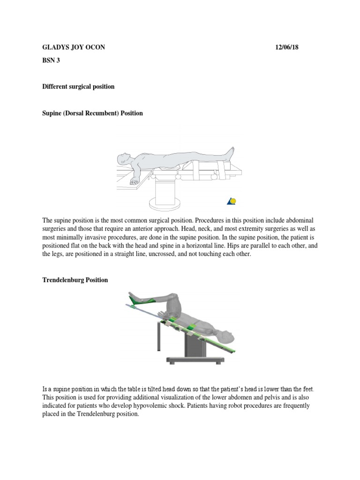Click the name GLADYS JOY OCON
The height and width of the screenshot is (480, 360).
[74, 47]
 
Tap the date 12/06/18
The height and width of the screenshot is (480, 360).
[286, 47]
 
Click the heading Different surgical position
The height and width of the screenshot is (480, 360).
[78, 87]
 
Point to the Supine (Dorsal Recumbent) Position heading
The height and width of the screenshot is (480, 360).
[92, 113]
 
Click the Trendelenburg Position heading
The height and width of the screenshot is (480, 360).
[75, 280]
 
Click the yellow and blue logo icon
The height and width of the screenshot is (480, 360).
[232, 202]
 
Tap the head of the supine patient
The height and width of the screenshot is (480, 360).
[123, 158]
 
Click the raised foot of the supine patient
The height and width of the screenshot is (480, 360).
[229, 152]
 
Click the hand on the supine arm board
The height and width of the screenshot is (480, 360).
[135, 181]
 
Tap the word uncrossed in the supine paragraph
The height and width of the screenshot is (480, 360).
[166, 254]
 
